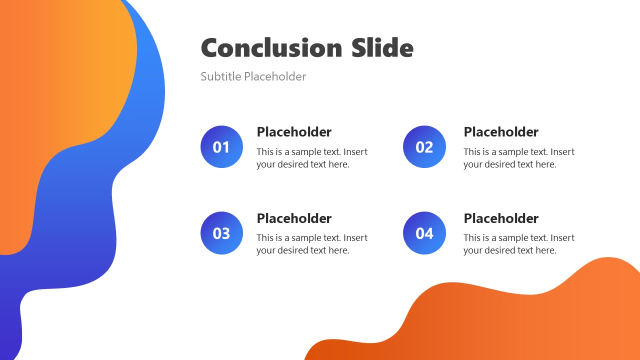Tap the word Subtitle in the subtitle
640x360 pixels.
pyautogui.click(x=220, y=76)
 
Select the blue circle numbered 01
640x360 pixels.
pyautogui.click(x=221, y=147)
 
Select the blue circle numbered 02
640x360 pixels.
pyautogui.click(x=424, y=147)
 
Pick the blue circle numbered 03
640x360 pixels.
pyautogui.click(x=221, y=233)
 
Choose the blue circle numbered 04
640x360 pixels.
pyautogui.click(x=424, y=233)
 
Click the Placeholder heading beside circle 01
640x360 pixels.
pyautogui.click(x=294, y=132)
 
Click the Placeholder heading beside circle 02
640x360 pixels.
pyautogui.click(x=501, y=132)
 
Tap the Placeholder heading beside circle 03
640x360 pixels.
pyautogui.click(x=294, y=218)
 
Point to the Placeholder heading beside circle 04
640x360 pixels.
pyautogui.click(x=501, y=218)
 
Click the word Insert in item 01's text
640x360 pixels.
pyautogui.click(x=355, y=152)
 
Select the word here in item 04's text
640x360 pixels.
pyautogui.click(x=545, y=250)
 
